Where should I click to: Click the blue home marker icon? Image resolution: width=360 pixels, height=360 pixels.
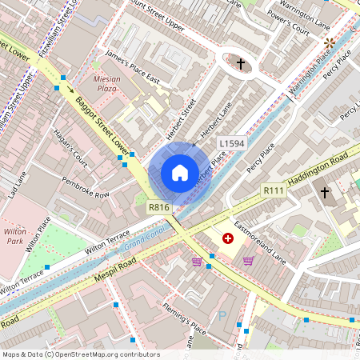tap(180, 173)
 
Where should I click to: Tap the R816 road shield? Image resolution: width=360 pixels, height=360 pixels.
tap(159, 207)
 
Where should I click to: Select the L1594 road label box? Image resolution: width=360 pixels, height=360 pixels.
tap(231, 143)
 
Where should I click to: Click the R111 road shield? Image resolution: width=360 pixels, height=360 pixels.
tap(274, 191)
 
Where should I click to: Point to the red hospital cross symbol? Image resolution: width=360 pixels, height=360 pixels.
tap(228, 238)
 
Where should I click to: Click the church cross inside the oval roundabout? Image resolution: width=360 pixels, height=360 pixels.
tap(240, 62)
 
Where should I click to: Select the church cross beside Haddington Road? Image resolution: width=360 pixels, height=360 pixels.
tap(325, 192)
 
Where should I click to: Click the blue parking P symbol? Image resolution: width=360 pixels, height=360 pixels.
tap(222, 317)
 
